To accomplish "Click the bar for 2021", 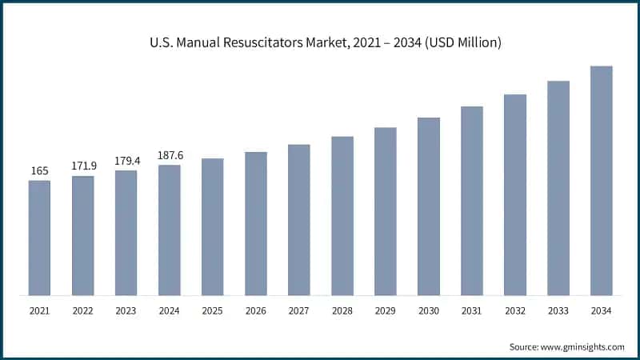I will (39, 238).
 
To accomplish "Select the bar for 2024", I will (169, 230).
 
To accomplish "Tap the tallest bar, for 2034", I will (601, 180).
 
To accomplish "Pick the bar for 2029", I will (385, 211).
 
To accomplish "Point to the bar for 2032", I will (514, 194).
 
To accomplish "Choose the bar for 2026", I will (255, 223).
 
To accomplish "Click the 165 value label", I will (39, 170).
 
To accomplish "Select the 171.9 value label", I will (82, 166).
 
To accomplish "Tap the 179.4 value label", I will (126, 160).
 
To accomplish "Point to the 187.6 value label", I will (169, 154).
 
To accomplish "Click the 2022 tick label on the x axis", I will (82, 310).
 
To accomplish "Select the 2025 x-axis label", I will (212, 310).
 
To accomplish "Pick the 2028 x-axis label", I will (342, 310).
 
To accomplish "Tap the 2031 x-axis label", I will (471, 310).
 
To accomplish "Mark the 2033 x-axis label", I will (558, 310).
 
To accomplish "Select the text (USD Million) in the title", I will (459, 43).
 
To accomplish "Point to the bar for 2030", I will (428, 206).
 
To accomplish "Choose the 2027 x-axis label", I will (298, 310).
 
